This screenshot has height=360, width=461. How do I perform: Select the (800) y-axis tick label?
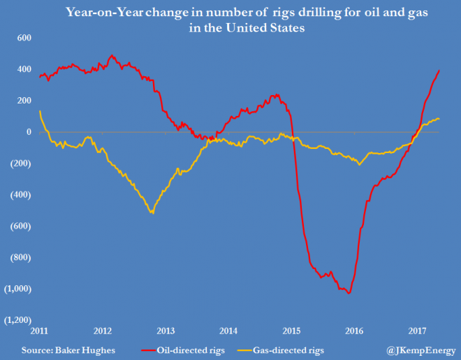point(21,257)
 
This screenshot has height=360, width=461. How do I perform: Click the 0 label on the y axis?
point(28,132)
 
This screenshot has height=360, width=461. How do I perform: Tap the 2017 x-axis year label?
point(416,330)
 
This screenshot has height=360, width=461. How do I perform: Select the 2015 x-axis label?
point(291,330)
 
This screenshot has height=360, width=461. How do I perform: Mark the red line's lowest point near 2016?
point(349,293)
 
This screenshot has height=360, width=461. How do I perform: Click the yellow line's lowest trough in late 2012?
point(152,213)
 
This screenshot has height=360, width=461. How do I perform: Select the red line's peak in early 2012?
point(112,56)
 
